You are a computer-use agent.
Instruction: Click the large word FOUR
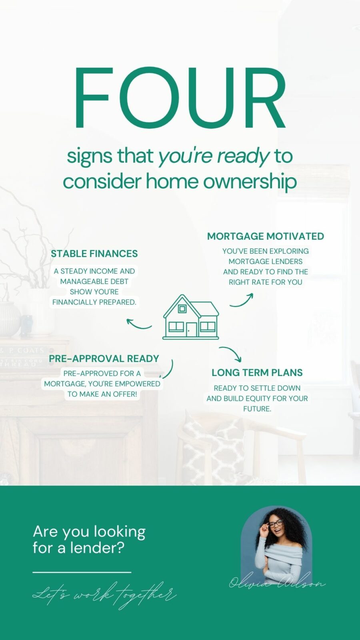(180, 98)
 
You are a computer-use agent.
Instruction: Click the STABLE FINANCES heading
(94, 254)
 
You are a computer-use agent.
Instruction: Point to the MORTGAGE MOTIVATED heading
(266, 236)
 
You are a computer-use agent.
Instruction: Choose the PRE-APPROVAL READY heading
(104, 358)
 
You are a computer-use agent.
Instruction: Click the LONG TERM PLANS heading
(257, 372)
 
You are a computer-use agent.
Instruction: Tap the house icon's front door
(192, 330)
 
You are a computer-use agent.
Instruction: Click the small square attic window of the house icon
(182, 308)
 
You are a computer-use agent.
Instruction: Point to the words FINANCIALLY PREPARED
(94, 302)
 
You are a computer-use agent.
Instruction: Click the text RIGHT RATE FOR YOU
(266, 282)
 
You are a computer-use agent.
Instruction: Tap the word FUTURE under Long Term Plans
(257, 409)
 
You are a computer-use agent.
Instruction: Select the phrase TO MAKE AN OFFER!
(102, 394)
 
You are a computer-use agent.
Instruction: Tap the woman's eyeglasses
(276, 524)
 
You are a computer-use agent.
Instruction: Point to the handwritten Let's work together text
(104, 595)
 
